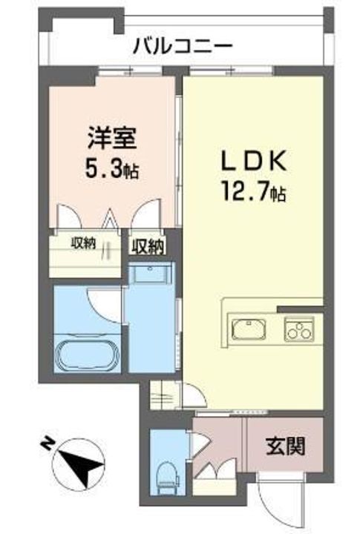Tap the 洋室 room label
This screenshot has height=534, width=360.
[108, 138]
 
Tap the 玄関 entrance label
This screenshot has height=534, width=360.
[285, 446]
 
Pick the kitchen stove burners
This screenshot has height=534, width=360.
[298, 327]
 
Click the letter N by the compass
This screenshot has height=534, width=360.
[47, 444]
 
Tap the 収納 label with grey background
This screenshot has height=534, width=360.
[148, 246]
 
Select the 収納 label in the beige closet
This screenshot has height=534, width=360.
[83, 243]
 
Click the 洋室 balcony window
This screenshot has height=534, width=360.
[117, 72]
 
